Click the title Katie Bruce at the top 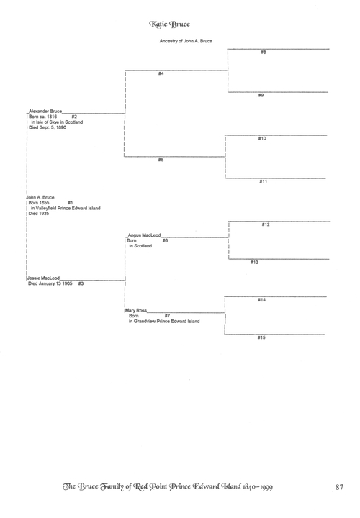pos(169,24)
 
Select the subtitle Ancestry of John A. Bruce pos(186,41)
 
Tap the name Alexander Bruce pos(45,111)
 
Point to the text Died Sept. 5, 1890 pos(48,127)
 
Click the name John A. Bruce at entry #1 pos(40,197)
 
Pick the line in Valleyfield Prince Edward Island pos(66,208)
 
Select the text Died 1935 pos(39,214)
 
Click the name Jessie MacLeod pos(43,278)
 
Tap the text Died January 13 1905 pos(50,283)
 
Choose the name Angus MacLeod pos(144,235)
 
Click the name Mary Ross pos(136,311)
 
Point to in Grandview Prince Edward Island pos(164,321)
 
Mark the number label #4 pos(161,73)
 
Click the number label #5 pos(161,160)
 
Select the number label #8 pos(263,53)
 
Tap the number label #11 pos(263,181)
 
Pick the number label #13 pos(254,263)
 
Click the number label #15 pos(261,337)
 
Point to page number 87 pos(340,487)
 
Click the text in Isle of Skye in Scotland pos(57,122)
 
